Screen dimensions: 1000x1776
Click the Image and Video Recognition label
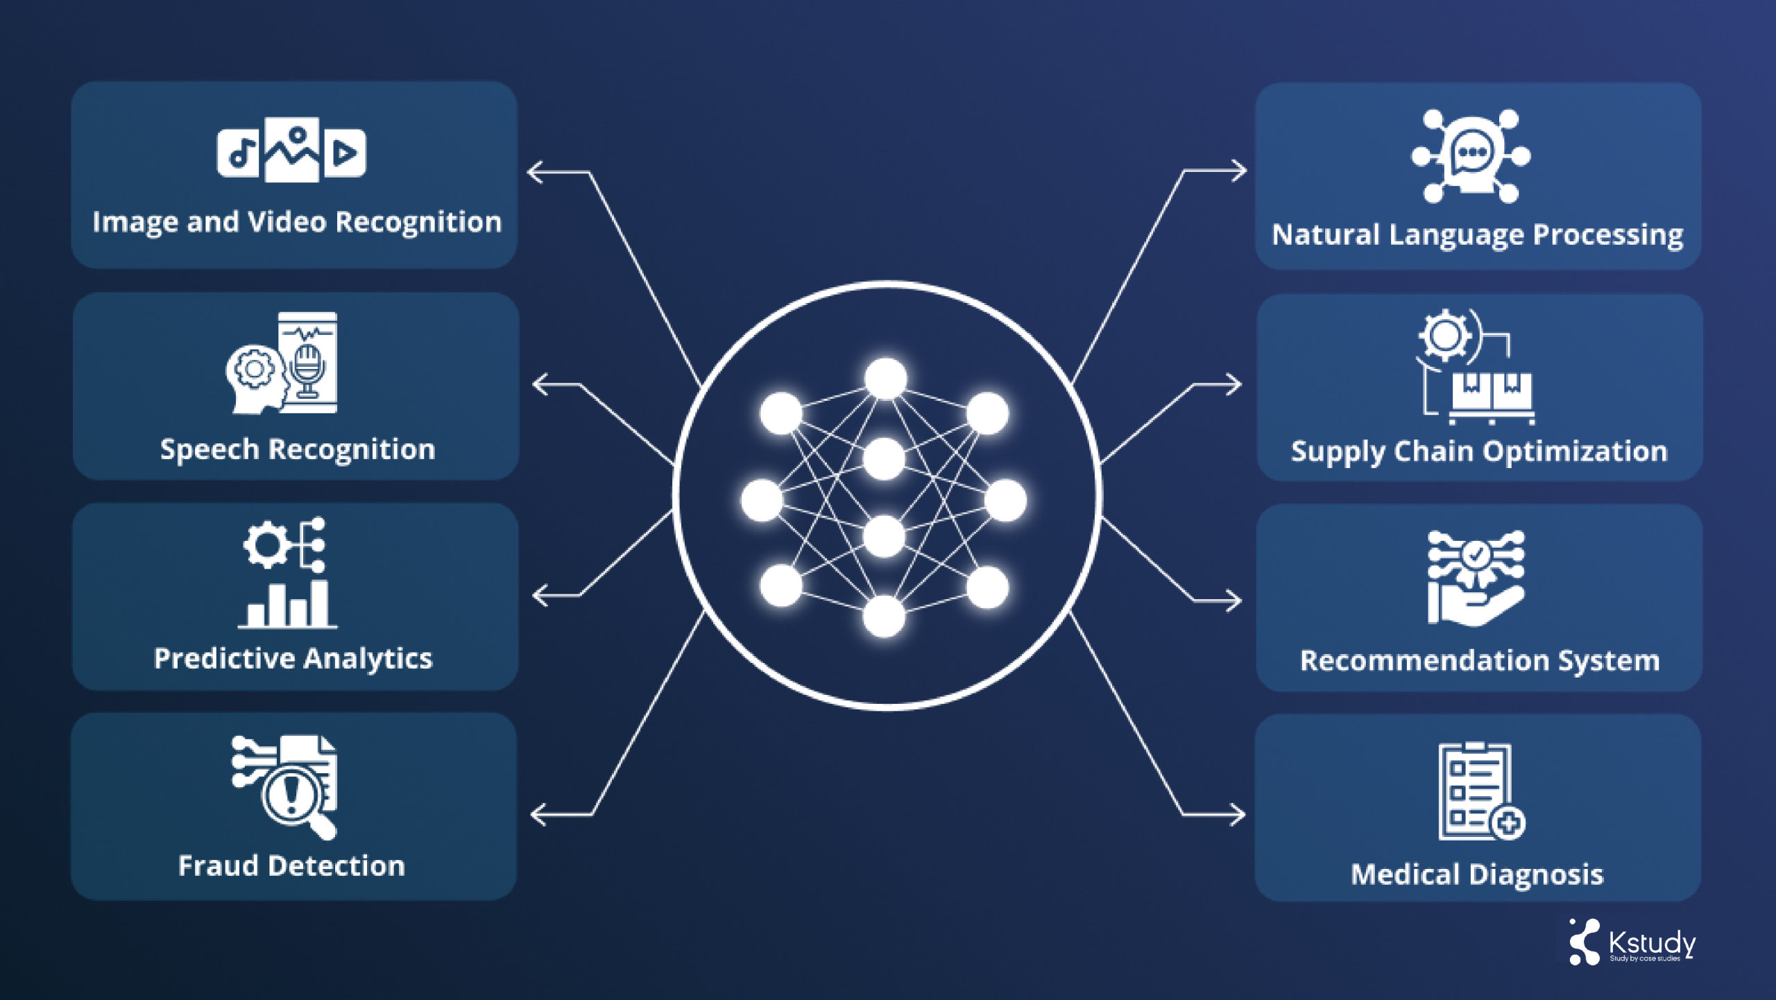pyautogui.click(x=296, y=222)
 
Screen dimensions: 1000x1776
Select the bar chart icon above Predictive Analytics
pyautogui.click(x=288, y=605)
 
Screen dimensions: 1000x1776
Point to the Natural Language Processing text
pyautogui.click(x=1477, y=234)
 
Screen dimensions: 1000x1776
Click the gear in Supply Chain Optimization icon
pyautogui.click(x=1444, y=336)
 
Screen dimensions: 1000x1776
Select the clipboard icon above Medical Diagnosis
pyautogui.click(x=1475, y=791)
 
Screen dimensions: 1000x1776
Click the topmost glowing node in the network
pyautogui.click(x=886, y=379)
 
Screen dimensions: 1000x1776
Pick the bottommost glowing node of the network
pyautogui.click(x=884, y=617)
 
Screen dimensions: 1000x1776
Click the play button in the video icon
pyautogui.click(x=345, y=153)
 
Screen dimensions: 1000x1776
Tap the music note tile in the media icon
pyautogui.click(x=238, y=153)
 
